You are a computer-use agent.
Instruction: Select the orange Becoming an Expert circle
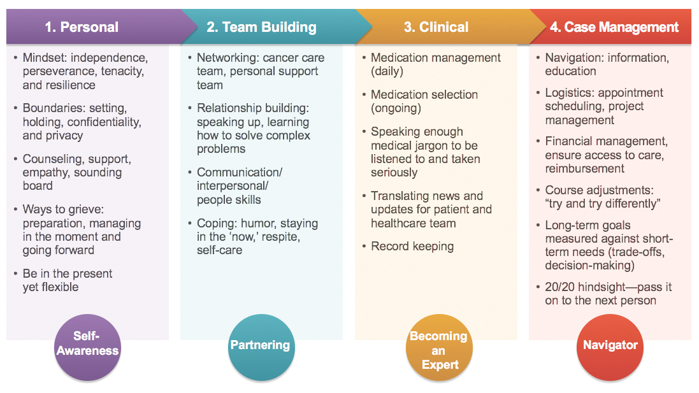[438, 350]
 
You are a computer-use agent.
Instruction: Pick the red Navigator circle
[610, 345]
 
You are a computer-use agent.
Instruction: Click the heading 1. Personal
[82, 27]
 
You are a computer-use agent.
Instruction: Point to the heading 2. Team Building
[261, 27]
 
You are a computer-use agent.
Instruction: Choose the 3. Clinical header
[436, 27]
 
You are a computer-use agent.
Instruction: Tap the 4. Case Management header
[614, 27]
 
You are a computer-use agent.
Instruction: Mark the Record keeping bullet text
[412, 247]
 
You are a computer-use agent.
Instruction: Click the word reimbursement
[584, 169]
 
